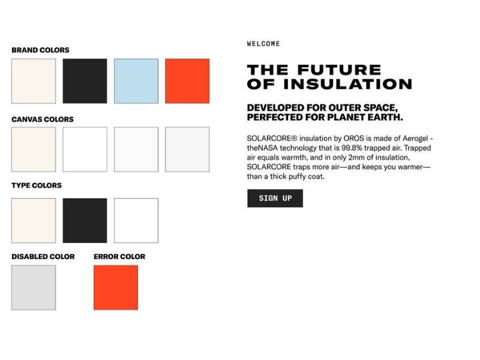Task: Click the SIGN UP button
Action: pos(275,198)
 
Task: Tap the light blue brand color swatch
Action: pos(136,81)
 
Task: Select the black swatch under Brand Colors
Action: pos(85,81)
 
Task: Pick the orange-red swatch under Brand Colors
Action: pos(187,81)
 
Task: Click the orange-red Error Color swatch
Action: pos(116,287)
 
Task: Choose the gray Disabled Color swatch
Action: pos(34,287)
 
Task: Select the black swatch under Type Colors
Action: pos(85,220)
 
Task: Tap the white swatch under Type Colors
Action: pos(136,220)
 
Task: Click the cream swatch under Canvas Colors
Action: pos(34,149)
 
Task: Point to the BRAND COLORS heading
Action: pos(40,50)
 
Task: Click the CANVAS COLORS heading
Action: pos(43,119)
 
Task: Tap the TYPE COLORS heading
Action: pos(37,185)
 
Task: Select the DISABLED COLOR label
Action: pos(43,257)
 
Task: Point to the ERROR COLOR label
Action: pos(119,257)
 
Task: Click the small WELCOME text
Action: pos(263,44)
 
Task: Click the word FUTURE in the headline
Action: pos(339,70)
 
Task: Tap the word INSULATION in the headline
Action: pos(348,84)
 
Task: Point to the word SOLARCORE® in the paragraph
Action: pos(272,139)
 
